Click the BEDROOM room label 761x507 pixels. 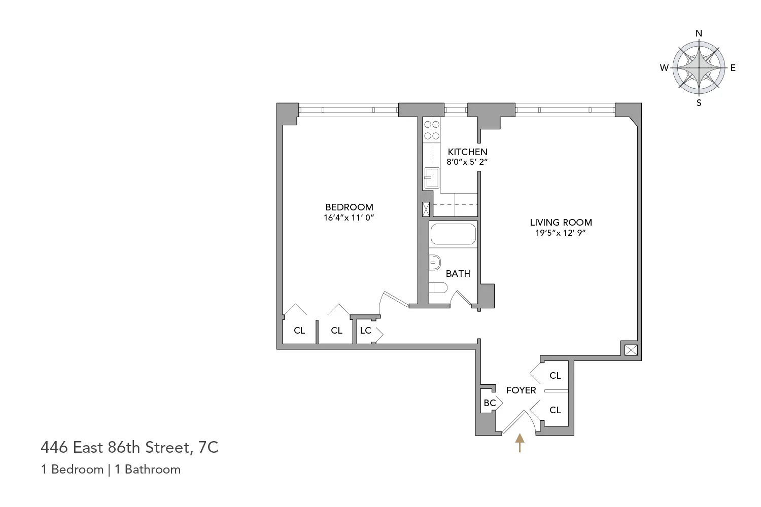pyautogui.click(x=349, y=207)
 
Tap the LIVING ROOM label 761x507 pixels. pyautogui.click(x=561, y=223)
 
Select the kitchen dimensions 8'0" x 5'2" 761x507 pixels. pyautogui.click(x=467, y=162)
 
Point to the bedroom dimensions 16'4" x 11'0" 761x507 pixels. pyautogui.click(x=349, y=218)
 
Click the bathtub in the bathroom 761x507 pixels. pyautogui.click(x=453, y=234)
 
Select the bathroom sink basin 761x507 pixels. pyautogui.click(x=435, y=263)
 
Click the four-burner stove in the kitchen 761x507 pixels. pyautogui.click(x=432, y=130)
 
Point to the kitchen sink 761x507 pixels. pyautogui.click(x=432, y=177)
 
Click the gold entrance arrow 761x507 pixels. pyautogui.click(x=520, y=443)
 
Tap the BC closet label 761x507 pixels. pyautogui.click(x=490, y=403)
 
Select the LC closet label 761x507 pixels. pyautogui.click(x=365, y=331)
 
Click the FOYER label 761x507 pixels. pyautogui.click(x=521, y=390)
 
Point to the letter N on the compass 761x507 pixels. pyautogui.click(x=699, y=33)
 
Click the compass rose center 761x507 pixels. pyautogui.click(x=699, y=68)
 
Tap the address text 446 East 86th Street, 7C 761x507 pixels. pyautogui.click(x=129, y=447)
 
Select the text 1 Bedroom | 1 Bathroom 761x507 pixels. pyautogui.click(x=111, y=469)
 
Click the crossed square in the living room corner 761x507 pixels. pyautogui.click(x=631, y=350)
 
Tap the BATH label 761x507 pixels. pyautogui.click(x=458, y=274)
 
